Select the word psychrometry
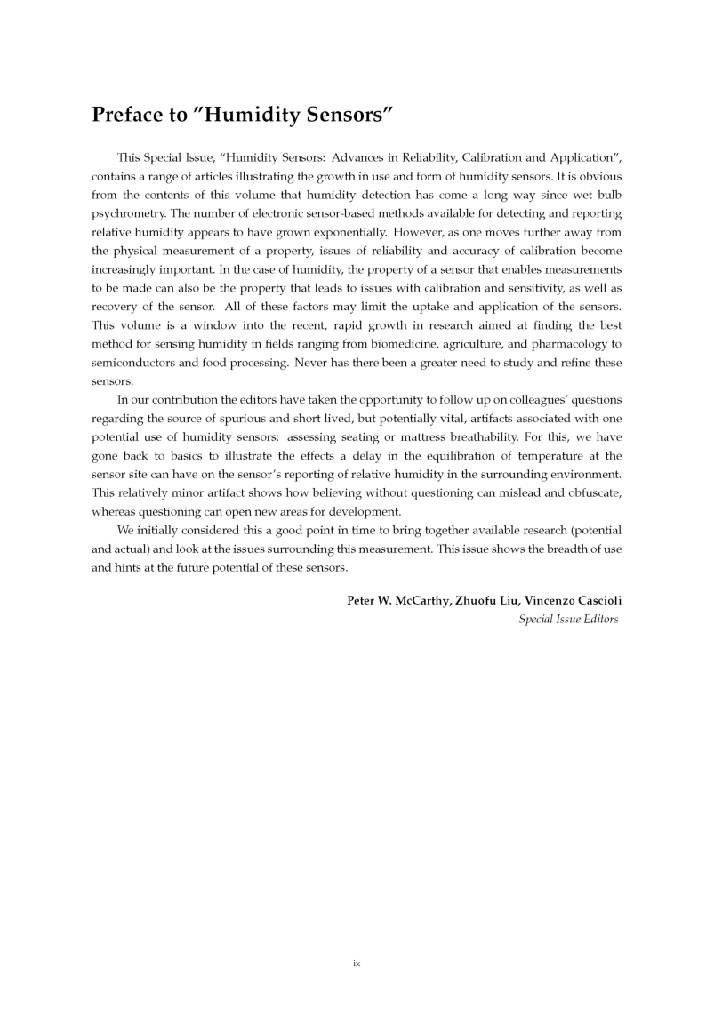click(132, 214)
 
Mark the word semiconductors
click(136, 364)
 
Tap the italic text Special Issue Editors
click(569, 619)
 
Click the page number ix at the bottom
click(357, 963)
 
